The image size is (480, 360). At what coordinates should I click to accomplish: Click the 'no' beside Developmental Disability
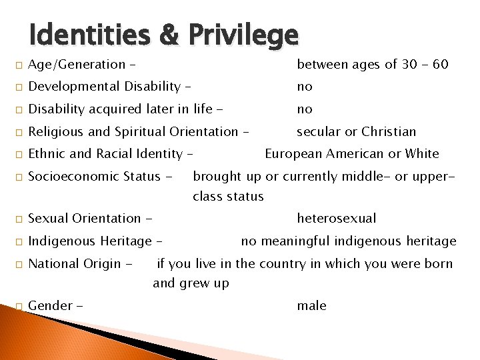point(305,87)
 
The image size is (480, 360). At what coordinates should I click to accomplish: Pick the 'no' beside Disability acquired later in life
point(305,109)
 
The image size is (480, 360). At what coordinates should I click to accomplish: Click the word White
point(422,154)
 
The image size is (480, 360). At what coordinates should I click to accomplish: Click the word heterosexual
point(337,219)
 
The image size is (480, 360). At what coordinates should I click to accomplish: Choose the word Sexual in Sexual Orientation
point(47,219)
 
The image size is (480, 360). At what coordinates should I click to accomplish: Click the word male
point(312,306)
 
